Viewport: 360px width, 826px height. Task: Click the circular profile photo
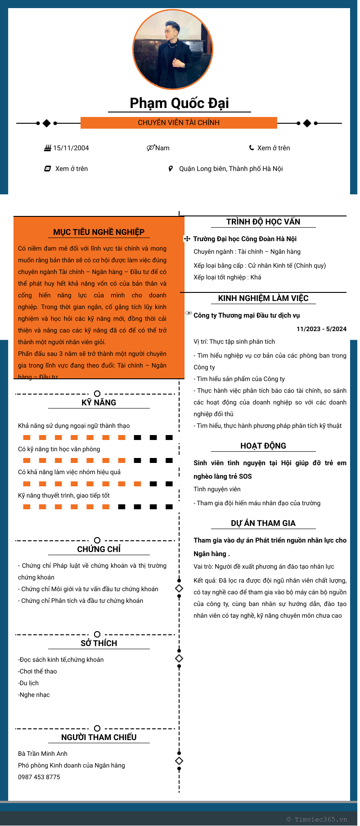173,49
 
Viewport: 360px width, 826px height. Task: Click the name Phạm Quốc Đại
179,103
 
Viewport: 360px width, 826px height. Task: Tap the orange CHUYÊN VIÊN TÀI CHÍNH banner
179,123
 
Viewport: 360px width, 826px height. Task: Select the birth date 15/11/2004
71,148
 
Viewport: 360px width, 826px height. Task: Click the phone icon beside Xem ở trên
252,148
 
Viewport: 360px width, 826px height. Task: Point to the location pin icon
171,169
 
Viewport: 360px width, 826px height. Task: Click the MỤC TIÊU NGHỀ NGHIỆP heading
99,232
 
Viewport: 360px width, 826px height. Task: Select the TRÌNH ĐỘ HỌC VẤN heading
263,222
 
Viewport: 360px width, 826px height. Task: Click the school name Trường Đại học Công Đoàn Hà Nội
245,239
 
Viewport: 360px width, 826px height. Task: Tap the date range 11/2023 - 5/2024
321,329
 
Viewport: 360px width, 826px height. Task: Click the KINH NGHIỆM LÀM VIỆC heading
263,298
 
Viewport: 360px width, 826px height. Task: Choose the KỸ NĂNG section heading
99,403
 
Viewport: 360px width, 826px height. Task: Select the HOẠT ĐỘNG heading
263,446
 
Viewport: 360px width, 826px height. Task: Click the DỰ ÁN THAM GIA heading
263,523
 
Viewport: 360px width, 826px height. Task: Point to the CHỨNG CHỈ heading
99,549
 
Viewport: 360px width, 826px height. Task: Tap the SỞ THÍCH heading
99,643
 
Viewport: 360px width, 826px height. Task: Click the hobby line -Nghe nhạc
34,695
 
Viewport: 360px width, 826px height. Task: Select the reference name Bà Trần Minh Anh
43,754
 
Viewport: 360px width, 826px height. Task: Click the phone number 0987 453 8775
39,777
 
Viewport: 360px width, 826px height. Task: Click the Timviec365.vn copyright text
317,819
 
